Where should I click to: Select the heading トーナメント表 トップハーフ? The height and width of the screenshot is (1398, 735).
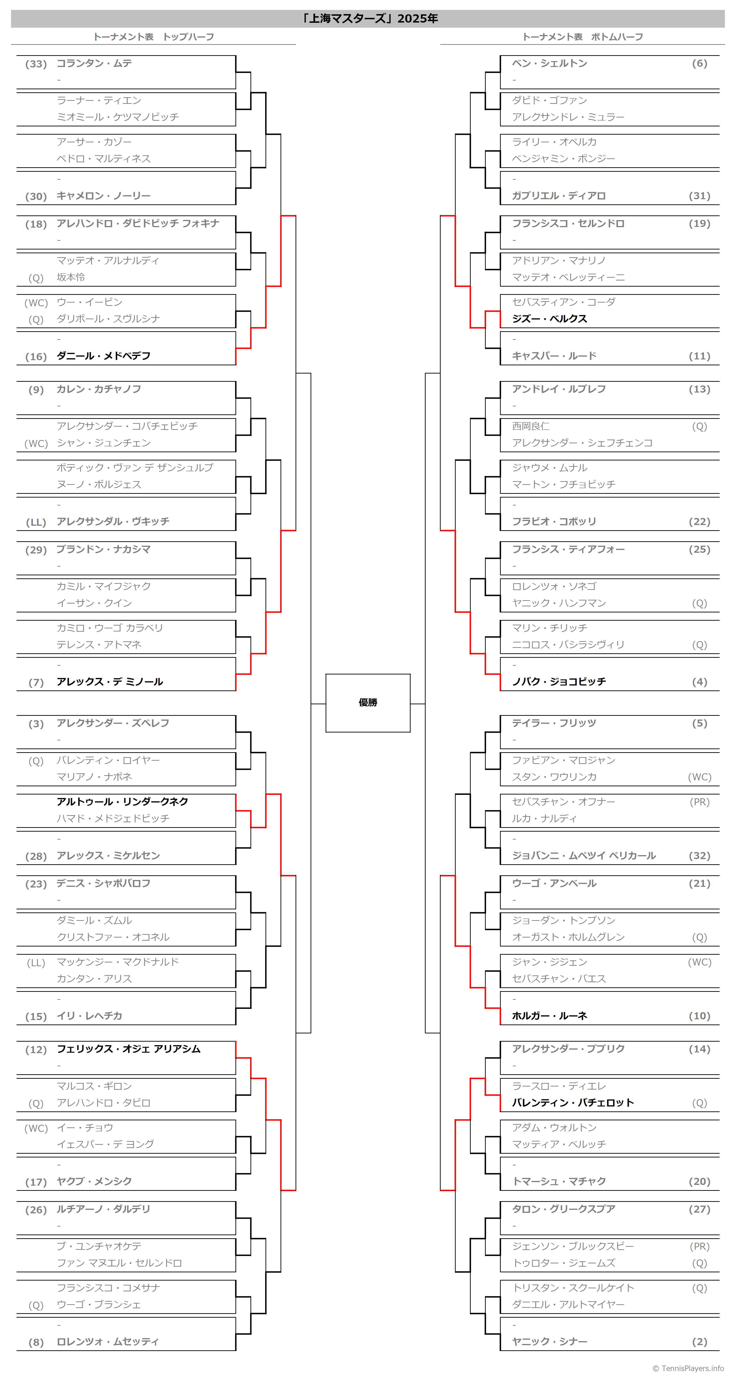154,37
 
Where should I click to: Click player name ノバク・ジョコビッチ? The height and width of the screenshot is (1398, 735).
559,682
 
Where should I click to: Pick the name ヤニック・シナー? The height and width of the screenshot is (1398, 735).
550,1342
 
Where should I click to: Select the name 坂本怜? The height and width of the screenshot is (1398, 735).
70,277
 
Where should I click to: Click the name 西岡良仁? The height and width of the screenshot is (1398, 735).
531,427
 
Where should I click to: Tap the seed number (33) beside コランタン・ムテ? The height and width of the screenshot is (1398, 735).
36,64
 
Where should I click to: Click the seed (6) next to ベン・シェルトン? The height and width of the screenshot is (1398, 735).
699,63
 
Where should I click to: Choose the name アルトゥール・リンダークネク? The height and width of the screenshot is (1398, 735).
122,802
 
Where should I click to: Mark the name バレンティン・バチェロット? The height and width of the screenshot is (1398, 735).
573,1103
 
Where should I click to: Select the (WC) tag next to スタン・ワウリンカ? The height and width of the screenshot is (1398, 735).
699,777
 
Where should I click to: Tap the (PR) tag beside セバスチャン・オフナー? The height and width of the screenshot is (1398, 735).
699,802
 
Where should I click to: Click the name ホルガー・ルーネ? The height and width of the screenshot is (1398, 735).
550,1016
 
